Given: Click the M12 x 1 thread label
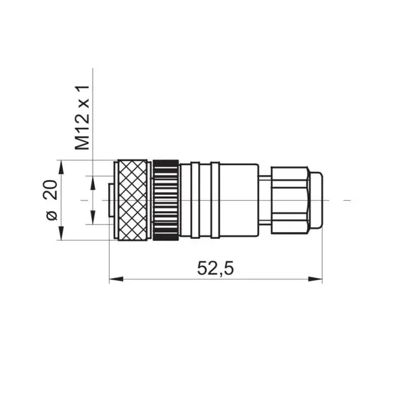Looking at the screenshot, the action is click(x=83, y=118).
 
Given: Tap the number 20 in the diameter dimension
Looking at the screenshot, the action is click(x=50, y=189).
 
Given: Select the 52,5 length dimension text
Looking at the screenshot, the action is click(x=215, y=268).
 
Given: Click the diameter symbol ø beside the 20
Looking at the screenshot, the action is click(x=52, y=215).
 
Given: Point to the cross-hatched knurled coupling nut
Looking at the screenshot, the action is click(x=133, y=200).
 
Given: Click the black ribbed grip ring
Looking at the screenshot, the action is click(x=166, y=200).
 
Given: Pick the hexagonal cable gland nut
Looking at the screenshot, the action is click(x=290, y=200).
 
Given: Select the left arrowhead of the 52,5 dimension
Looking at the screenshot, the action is click(x=116, y=279).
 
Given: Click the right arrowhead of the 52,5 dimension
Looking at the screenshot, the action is click(x=315, y=279).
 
